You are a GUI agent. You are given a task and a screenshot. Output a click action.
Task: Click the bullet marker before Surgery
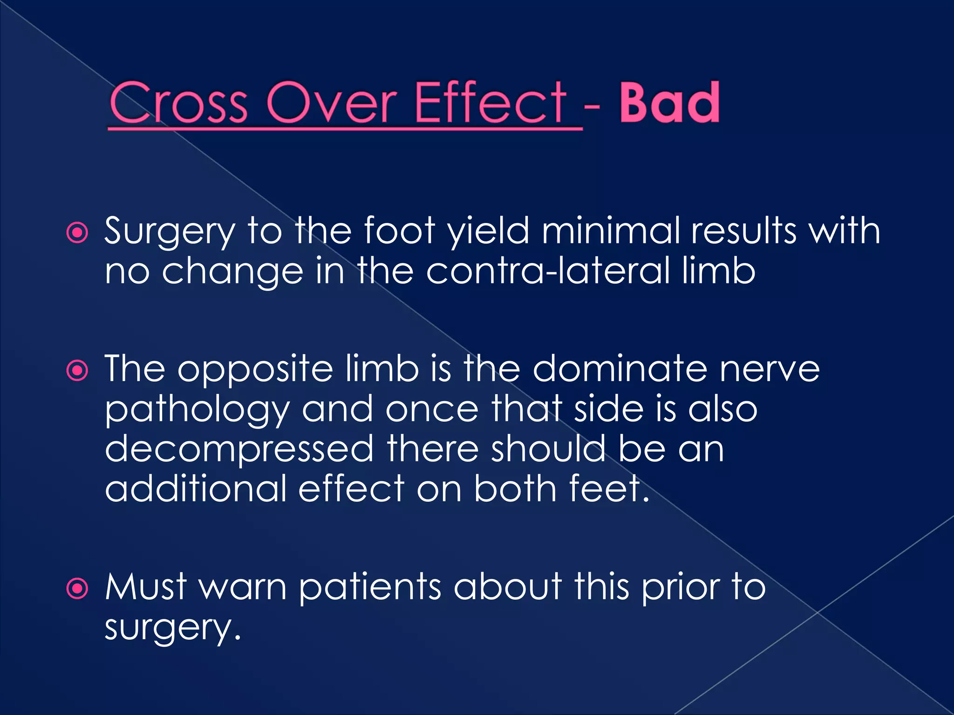tap(77, 232)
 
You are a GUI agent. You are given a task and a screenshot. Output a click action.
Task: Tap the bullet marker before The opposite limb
tap(77, 371)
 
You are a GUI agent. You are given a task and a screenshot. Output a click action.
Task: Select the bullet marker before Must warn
tap(77, 588)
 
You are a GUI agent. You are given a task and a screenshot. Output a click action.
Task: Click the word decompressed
tap(239, 449)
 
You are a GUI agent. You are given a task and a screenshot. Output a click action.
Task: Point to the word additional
tap(196, 489)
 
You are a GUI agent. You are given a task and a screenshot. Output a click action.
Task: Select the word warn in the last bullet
tap(243, 587)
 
